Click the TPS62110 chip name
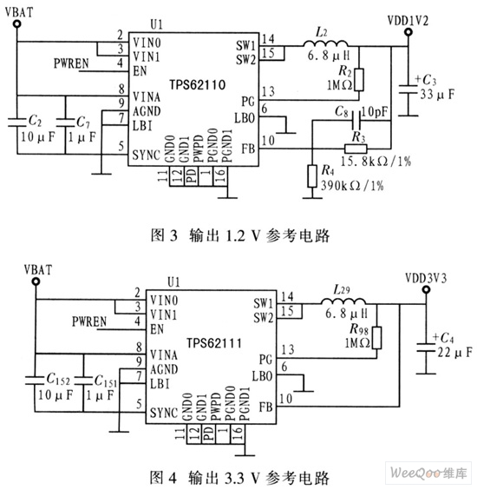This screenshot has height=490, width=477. click(x=197, y=84)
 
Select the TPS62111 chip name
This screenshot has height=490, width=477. click(x=214, y=343)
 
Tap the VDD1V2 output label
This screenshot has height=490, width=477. click(x=408, y=21)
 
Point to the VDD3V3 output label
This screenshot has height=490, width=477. click(x=426, y=278)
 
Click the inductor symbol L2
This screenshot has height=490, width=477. click(x=325, y=43)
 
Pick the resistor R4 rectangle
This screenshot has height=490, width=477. click(x=312, y=176)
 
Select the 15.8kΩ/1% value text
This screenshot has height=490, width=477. click(x=376, y=162)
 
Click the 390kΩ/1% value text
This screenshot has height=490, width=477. click(x=352, y=186)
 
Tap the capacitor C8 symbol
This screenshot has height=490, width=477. click(x=356, y=120)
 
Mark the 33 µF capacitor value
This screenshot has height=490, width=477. click(x=437, y=94)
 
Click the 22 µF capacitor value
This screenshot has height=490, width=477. click(x=454, y=353)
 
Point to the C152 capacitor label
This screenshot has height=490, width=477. click(x=58, y=380)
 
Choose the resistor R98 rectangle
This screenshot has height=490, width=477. click(x=377, y=338)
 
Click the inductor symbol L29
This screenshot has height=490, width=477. click(x=343, y=301)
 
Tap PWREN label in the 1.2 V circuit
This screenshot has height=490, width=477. click(x=71, y=63)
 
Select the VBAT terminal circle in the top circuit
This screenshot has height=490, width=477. click(x=17, y=23)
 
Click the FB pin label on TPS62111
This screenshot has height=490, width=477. click(x=265, y=407)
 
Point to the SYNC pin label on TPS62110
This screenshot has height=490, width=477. click(x=147, y=155)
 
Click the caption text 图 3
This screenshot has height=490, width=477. click(x=164, y=235)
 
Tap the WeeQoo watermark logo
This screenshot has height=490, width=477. click(x=428, y=473)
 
